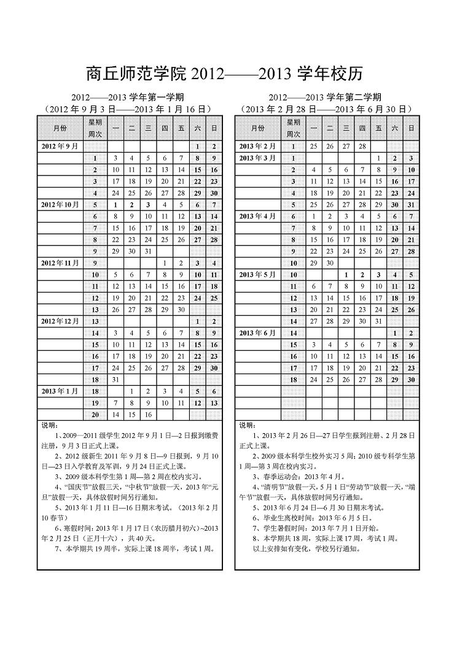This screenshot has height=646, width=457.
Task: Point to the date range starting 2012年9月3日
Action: [x=128, y=109]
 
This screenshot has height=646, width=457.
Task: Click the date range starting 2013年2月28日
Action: [x=326, y=109]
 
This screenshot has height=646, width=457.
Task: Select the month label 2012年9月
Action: [x=60, y=147]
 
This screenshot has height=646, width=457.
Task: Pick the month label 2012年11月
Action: [x=60, y=263]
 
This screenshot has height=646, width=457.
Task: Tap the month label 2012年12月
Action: [x=60, y=321]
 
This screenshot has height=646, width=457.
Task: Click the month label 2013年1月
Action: [x=60, y=391]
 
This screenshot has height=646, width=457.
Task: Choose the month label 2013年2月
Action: [x=257, y=147]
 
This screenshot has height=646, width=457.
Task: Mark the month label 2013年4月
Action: [x=257, y=216]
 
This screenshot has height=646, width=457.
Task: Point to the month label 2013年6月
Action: [x=257, y=333]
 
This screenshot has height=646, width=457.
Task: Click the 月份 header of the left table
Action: [x=60, y=128]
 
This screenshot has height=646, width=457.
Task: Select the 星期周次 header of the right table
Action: [x=294, y=128]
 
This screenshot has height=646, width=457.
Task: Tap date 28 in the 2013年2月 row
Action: [x=362, y=147]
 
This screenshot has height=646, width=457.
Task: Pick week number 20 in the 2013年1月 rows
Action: [x=95, y=414]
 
